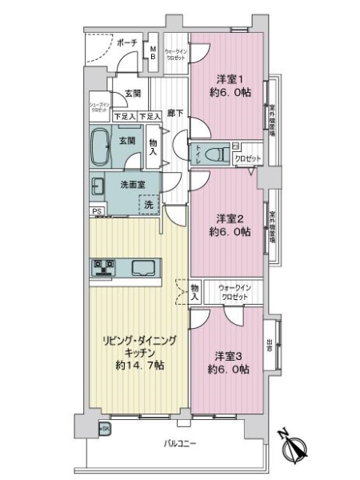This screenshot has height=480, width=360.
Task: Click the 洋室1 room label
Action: [x=227, y=78]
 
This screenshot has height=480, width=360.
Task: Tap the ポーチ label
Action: [x=126, y=42]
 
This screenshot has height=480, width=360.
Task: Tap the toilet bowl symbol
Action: [x=213, y=154]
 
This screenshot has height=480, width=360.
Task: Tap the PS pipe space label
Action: [x=96, y=211]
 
